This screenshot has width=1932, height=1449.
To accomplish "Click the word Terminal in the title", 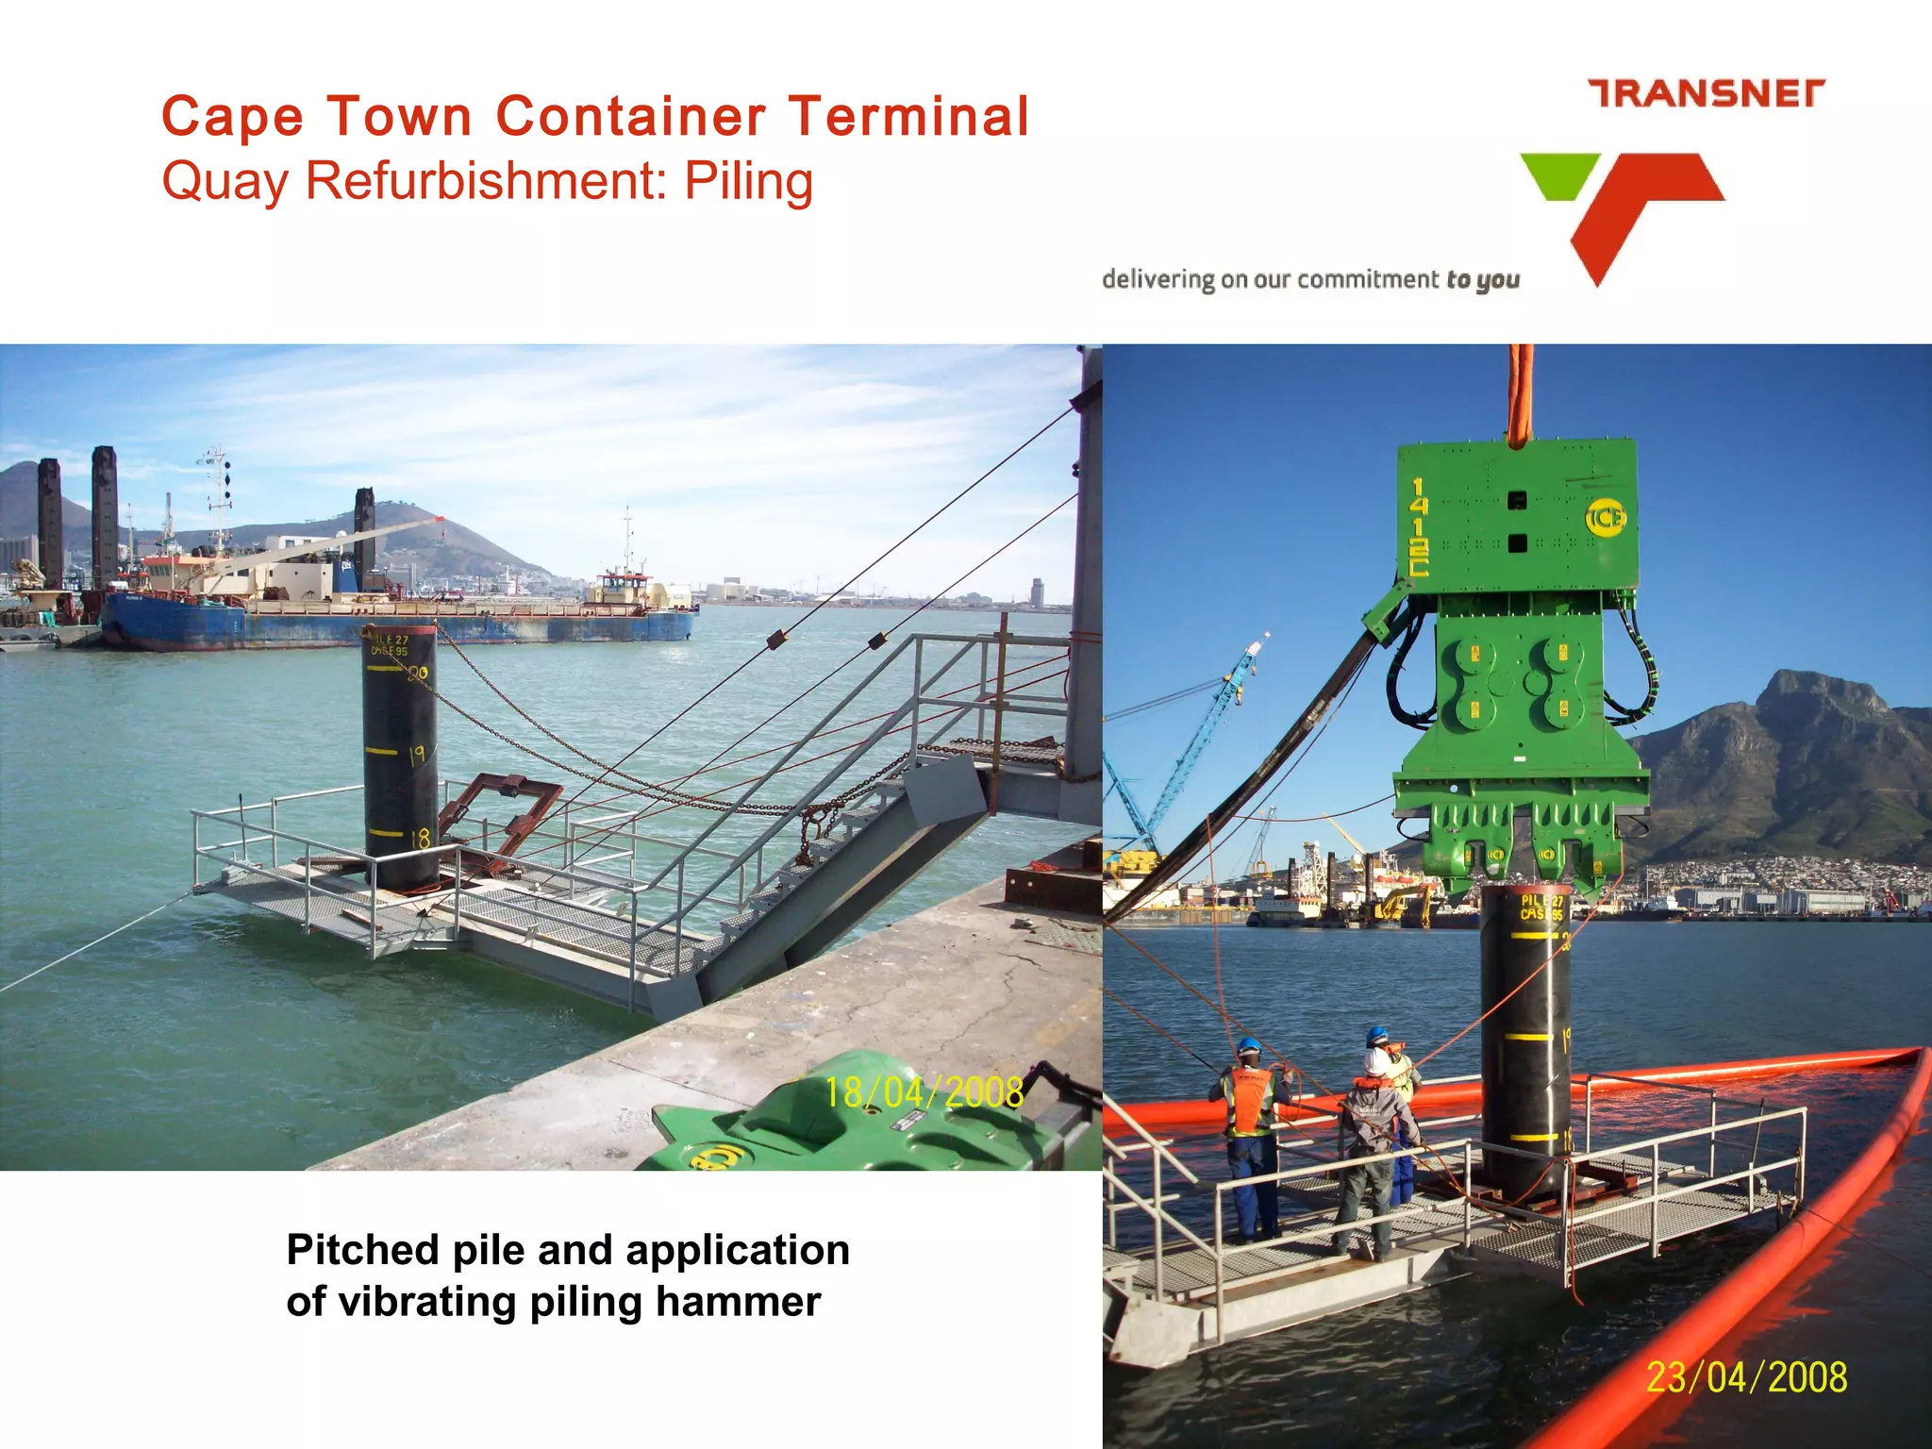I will [x=909, y=117].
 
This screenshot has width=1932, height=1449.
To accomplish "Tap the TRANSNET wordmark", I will [x=1707, y=94].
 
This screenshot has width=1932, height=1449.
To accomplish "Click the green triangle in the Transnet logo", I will [x=1559, y=175].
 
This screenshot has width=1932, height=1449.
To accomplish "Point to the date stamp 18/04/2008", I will [x=924, y=1092].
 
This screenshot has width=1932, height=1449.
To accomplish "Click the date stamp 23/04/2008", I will [x=1746, y=1377].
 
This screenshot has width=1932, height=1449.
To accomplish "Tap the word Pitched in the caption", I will [x=361, y=1250].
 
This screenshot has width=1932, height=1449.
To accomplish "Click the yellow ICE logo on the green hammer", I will [x=1605, y=518].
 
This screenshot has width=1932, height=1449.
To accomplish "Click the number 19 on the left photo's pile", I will [x=417, y=755].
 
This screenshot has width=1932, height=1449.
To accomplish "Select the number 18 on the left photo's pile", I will [x=419, y=837].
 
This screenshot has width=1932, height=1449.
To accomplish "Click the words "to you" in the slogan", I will [x=1482, y=280].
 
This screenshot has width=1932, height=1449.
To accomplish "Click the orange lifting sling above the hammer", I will [x=1519, y=396].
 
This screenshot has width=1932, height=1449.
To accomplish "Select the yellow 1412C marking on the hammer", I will [x=1418, y=526].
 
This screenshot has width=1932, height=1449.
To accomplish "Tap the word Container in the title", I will [x=630, y=117].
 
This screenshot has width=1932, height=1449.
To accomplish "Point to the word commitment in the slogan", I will [x=1368, y=280].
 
